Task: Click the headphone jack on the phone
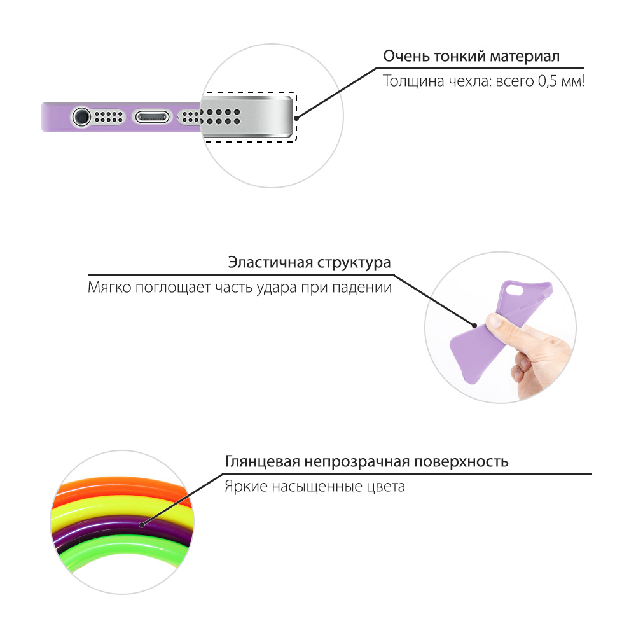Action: click(x=81, y=117)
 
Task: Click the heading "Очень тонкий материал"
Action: click(x=471, y=56)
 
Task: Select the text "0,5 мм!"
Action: click(x=561, y=82)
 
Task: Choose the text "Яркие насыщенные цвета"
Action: click(x=314, y=487)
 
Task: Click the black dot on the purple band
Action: click(x=141, y=526)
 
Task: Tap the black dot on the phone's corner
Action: click(x=296, y=117)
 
